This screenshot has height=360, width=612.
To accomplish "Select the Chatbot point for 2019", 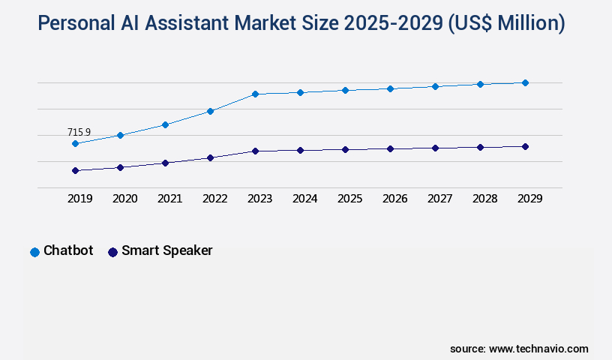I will click(x=75, y=143).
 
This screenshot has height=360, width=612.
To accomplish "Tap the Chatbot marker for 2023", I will click(x=255, y=94).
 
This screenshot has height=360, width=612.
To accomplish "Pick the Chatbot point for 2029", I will click(x=525, y=82).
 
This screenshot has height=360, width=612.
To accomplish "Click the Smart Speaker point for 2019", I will click(x=75, y=170).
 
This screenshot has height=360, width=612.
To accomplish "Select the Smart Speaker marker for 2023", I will click(x=255, y=151).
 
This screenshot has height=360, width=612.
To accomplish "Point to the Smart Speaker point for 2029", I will click(x=525, y=146).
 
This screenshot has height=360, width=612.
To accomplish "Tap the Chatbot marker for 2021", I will click(x=165, y=124).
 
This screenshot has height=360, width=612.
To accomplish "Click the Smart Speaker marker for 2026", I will click(x=390, y=148).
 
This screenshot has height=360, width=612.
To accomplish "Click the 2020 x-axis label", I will click(x=124, y=199).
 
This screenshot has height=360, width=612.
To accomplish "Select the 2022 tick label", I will click(x=214, y=199).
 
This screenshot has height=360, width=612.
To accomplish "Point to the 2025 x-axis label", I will click(x=349, y=199).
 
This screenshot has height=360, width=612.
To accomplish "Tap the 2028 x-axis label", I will click(x=484, y=199).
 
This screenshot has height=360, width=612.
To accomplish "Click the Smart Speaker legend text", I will click(x=166, y=250).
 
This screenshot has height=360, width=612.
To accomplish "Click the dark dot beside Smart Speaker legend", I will click(x=112, y=252).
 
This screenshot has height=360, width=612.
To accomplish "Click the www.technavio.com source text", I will click(x=538, y=349).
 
